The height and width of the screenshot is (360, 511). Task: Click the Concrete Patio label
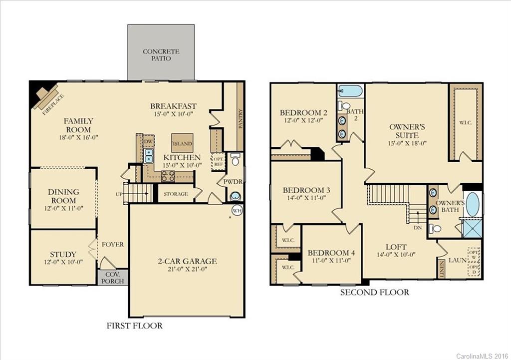point(161,55)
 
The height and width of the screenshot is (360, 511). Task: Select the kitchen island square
point(182,143)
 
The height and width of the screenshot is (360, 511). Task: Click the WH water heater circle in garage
point(237,211)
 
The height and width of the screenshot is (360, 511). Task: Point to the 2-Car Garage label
point(186,261)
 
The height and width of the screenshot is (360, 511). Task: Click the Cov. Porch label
point(112,277)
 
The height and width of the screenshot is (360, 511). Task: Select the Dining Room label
point(63,196)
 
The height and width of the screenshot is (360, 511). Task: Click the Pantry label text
point(240,119)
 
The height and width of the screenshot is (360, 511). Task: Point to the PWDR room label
point(232,182)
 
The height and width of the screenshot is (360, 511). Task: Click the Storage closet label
point(176,194)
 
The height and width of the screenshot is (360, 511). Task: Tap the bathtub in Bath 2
point(350,91)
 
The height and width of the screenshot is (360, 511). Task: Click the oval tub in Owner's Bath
point(473,204)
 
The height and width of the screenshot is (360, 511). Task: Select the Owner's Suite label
point(407,131)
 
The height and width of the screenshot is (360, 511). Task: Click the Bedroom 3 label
point(306,190)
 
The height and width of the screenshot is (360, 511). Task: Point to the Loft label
point(396,247)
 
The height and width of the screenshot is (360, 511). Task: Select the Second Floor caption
point(374,292)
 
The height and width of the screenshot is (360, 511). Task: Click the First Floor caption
point(135,326)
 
